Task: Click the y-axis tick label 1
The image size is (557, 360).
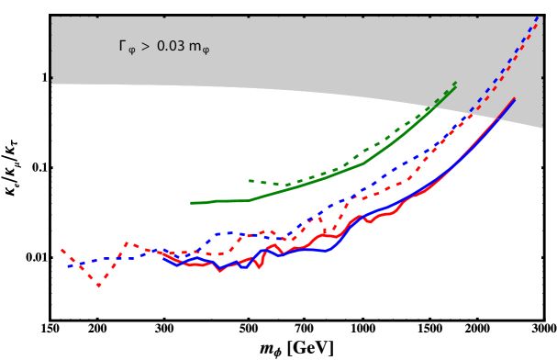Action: [x=40, y=79]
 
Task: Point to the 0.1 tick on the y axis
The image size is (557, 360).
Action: [x=36, y=168]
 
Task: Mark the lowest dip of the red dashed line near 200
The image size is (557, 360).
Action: [x=99, y=287]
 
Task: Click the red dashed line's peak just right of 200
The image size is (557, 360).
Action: [x=127, y=243]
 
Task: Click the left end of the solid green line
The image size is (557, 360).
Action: [x=191, y=203]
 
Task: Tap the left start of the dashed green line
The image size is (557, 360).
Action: [x=250, y=180]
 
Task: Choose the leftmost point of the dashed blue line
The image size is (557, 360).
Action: [x=67, y=266]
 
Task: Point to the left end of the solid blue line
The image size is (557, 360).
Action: [x=163, y=258]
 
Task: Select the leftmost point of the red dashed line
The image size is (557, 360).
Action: [x=61, y=249]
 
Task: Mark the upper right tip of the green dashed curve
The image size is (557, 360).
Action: [x=456, y=82]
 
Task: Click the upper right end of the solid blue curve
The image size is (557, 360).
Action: [x=515, y=99]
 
